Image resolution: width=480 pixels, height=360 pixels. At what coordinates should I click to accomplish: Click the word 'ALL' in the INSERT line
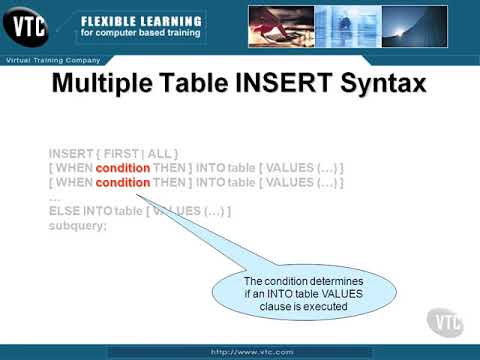[x=162, y=153]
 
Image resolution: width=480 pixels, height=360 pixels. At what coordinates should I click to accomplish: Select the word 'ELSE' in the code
[x=64, y=212]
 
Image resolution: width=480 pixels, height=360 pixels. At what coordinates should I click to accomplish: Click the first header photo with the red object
[x=285, y=24]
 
